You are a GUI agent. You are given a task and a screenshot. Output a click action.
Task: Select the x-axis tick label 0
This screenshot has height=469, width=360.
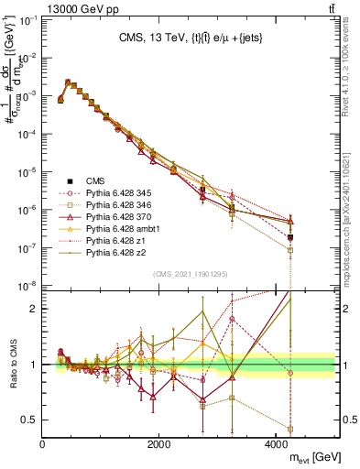(x=43, y=444)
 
